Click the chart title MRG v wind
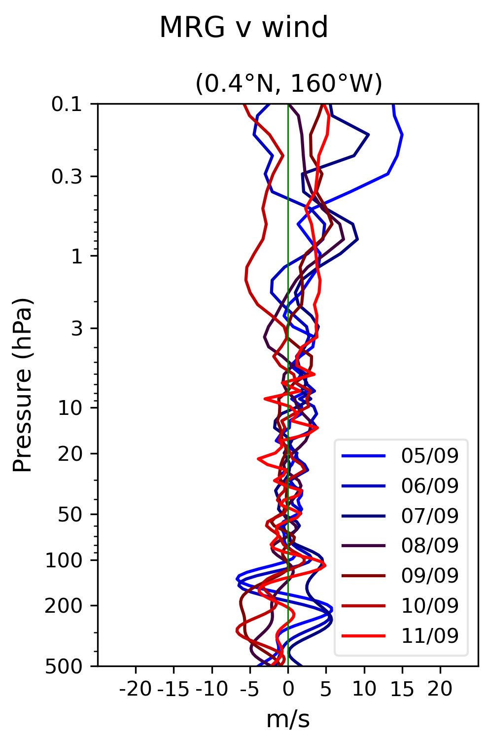(244, 27)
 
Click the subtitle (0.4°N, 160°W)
(289, 83)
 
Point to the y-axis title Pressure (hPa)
(23, 385)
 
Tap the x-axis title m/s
(288, 720)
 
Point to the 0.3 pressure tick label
(67, 177)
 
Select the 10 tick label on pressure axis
(70, 408)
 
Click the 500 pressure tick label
(64, 666)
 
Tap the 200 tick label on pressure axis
(64, 606)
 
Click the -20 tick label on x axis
(136, 689)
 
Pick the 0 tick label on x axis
(288, 689)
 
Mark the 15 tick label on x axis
(402, 689)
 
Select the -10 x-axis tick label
(211, 689)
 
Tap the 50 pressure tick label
(70, 515)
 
